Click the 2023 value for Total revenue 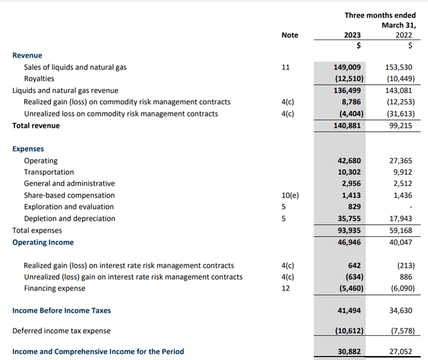(348, 125)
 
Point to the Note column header (290, 35)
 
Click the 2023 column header (352, 35)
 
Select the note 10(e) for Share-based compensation (290, 195)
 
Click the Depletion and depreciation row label (70, 219)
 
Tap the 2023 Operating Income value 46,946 (348, 242)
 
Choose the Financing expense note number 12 (286, 288)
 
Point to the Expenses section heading (28, 149)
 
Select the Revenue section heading (27, 56)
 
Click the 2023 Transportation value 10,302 (348, 172)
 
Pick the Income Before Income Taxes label (62, 310)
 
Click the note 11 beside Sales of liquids (286, 68)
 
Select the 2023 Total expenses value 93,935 (348, 230)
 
